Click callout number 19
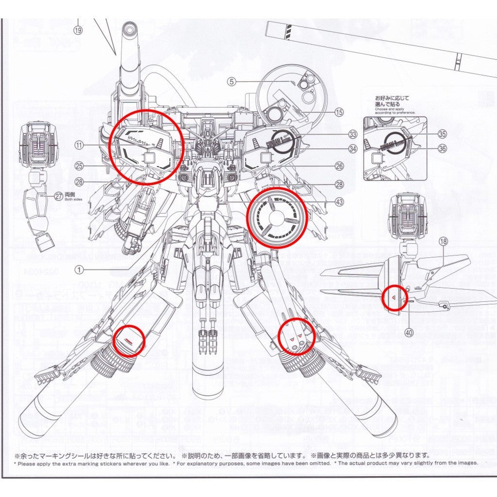click(79, 30)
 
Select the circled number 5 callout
click(232, 82)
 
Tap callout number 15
click(339, 112)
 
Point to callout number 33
click(352, 134)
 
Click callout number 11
click(79, 145)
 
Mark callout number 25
click(79, 166)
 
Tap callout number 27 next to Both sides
click(59, 196)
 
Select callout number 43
click(339, 201)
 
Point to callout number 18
click(443, 241)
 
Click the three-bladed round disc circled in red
click(277, 218)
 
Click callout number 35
click(441, 133)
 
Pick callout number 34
click(352, 149)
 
